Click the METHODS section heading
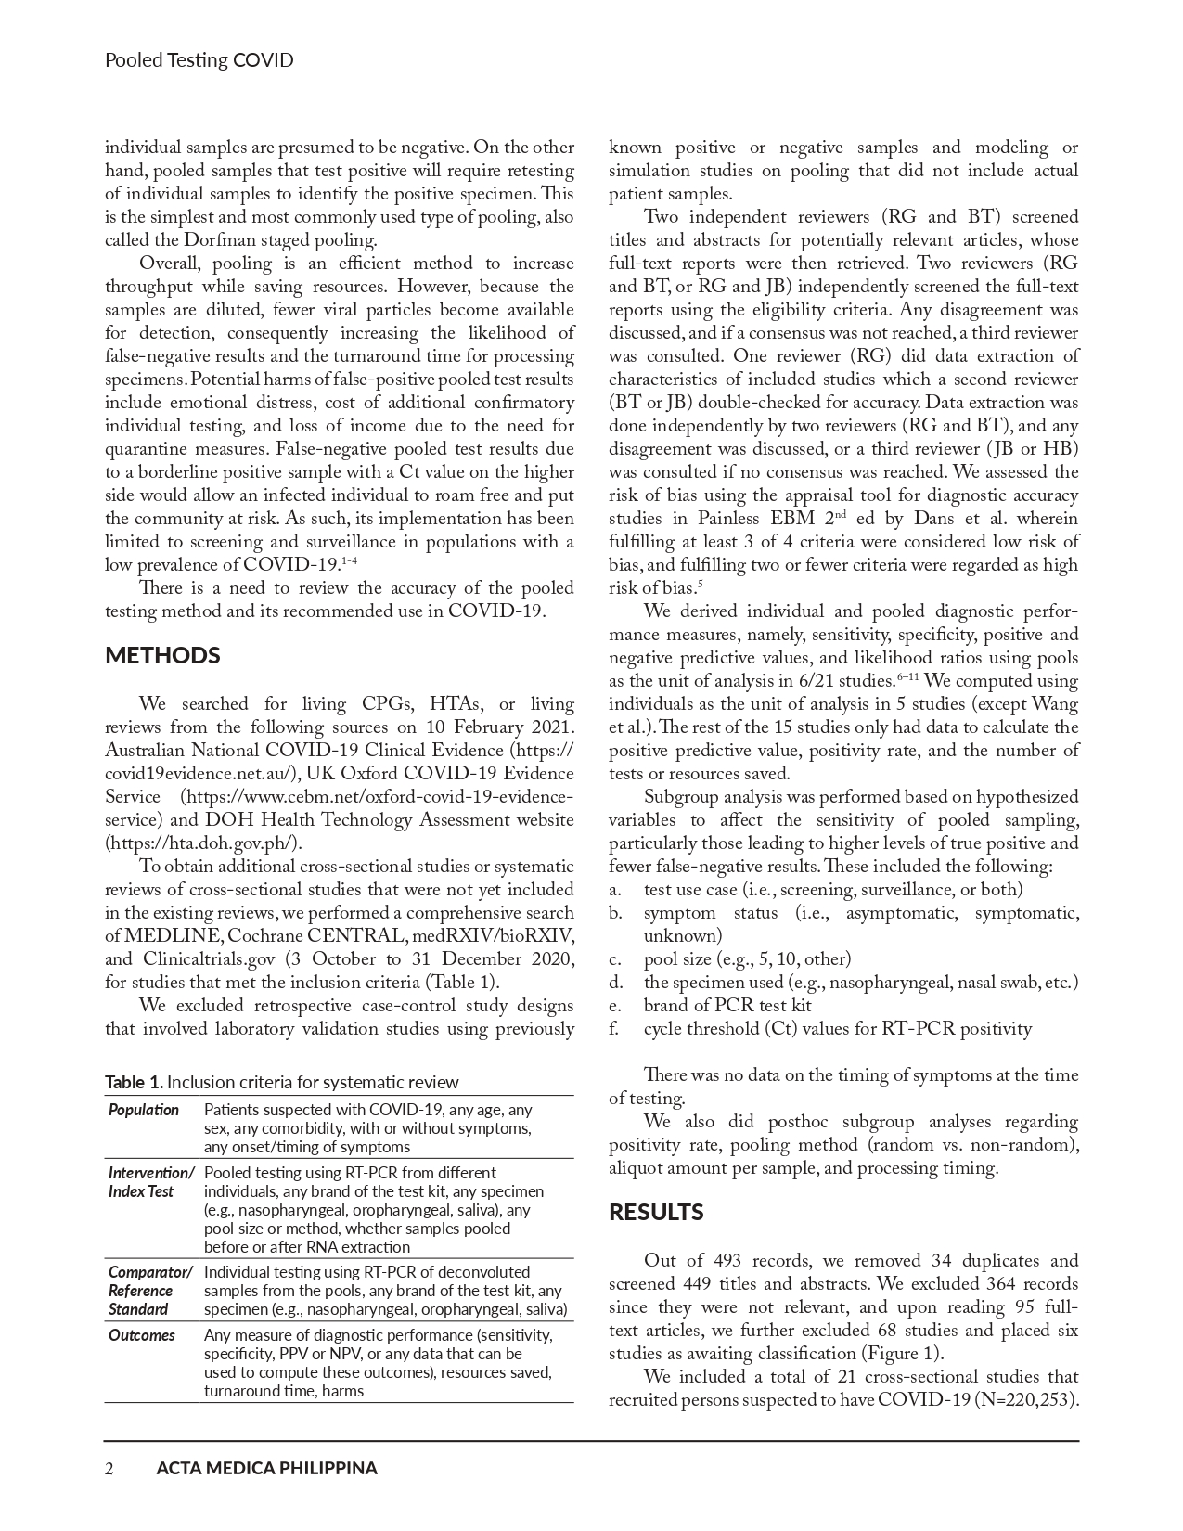click(x=162, y=656)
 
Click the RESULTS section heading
click(x=656, y=1213)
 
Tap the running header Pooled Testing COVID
click(x=199, y=60)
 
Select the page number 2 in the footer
click(x=109, y=1468)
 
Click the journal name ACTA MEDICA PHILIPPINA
click(x=267, y=1468)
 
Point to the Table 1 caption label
click(x=135, y=1082)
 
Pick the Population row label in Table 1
click(x=144, y=1110)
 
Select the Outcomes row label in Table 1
click(x=142, y=1335)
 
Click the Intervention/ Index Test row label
click(x=151, y=1182)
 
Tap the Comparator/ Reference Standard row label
click(x=150, y=1291)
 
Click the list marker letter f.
click(x=613, y=1029)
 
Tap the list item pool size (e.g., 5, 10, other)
click(x=747, y=959)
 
